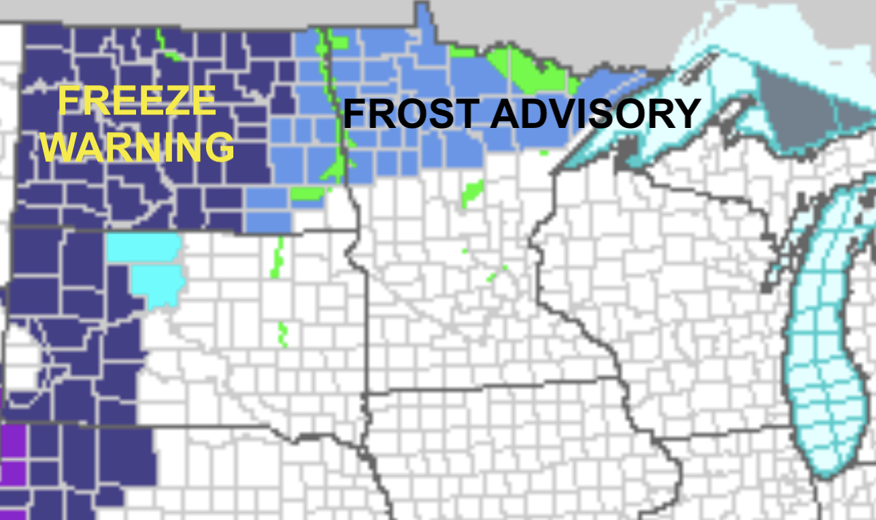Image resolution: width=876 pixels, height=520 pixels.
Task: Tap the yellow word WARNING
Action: pos(138,146)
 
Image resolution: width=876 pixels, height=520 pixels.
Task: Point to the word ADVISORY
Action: pos(595,114)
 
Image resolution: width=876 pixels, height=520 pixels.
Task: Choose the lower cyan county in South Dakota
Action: pos(158,285)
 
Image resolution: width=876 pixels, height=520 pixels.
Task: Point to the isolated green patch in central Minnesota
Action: pos(472,193)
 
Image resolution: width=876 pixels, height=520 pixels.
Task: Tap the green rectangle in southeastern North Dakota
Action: pos(307,193)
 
